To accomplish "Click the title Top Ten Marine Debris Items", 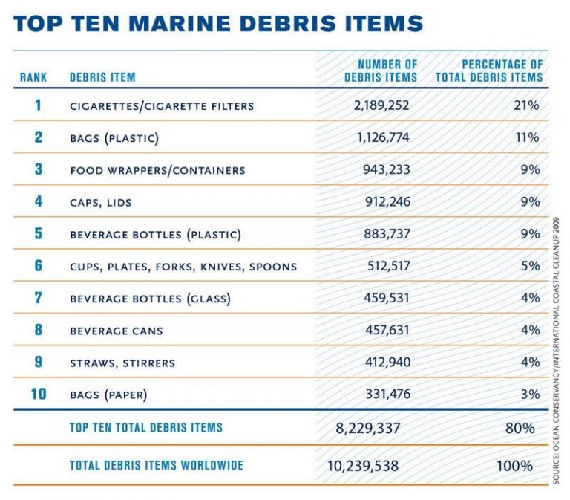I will pyautogui.click(x=218, y=22).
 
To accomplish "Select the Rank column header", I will pyautogui.click(x=33, y=77).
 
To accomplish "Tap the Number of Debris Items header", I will pyautogui.click(x=381, y=71).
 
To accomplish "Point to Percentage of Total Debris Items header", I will pyautogui.click(x=489, y=71).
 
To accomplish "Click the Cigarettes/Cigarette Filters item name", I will pyautogui.click(x=162, y=105).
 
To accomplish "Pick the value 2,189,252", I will pyautogui.click(x=381, y=105).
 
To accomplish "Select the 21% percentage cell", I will pyautogui.click(x=527, y=105).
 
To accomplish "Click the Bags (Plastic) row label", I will pyautogui.click(x=114, y=137).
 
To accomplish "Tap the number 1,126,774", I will pyautogui.click(x=381, y=137).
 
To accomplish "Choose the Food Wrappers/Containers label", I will pyautogui.click(x=157, y=170).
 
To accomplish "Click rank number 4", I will pyautogui.click(x=38, y=201).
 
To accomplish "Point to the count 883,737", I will pyautogui.click(x=384, y=234).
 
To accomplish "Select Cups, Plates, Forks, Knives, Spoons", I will pyautogui.click(x=183, y=266).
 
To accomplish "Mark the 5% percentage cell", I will pyautogui.click(x=530, y=266).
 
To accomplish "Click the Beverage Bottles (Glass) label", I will pyautogui.click(x=150, y=299).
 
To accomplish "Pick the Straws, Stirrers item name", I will pyautogui.click(x=122, y=363).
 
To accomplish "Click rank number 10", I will pyautogui.click(x=37, y=394).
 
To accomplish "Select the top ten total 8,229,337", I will pyautogui.click(x=373, y=429).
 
